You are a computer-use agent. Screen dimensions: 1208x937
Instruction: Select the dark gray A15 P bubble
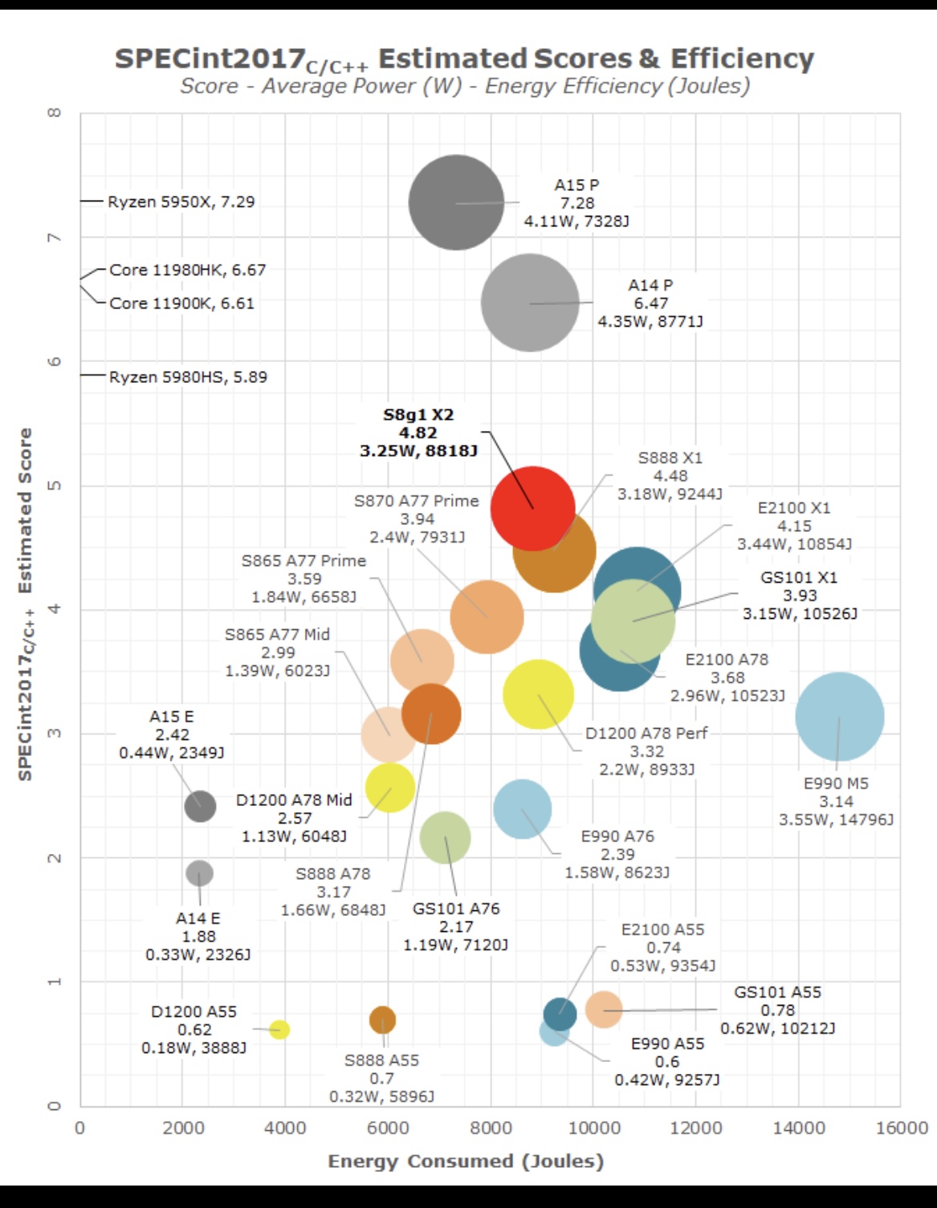(x=456, y=202)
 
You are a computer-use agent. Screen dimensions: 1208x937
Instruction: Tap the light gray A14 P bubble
(x=530, y=302)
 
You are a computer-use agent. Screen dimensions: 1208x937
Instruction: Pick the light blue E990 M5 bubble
(x=839, y=716)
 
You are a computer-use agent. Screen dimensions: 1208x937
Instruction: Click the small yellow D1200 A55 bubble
(x=279, y=1029)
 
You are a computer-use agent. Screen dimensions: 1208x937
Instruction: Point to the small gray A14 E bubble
(x=199, y=872)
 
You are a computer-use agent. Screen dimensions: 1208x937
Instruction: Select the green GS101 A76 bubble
(x=445, y=838)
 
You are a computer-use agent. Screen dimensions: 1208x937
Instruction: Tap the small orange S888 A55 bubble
(x=382, y=1020)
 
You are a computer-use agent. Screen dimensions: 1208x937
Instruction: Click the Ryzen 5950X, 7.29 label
(x=181, y=201)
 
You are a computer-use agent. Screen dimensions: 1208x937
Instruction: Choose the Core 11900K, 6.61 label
(x=181, y=303)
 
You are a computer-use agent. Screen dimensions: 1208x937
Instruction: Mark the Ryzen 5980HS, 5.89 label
(x=188, y=376)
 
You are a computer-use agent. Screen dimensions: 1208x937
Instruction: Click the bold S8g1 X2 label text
(x=418, y=415)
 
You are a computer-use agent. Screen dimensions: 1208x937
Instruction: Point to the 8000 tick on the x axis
(x=491, y=1128)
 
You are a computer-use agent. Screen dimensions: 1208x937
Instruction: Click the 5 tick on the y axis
(x=54, y=486)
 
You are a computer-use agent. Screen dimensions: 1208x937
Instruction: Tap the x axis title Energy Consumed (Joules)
(x=466, y=1161)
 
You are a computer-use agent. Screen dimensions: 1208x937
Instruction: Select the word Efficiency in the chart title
(x=742, y=59)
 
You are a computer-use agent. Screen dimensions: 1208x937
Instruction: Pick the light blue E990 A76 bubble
(x=522, y=808)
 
